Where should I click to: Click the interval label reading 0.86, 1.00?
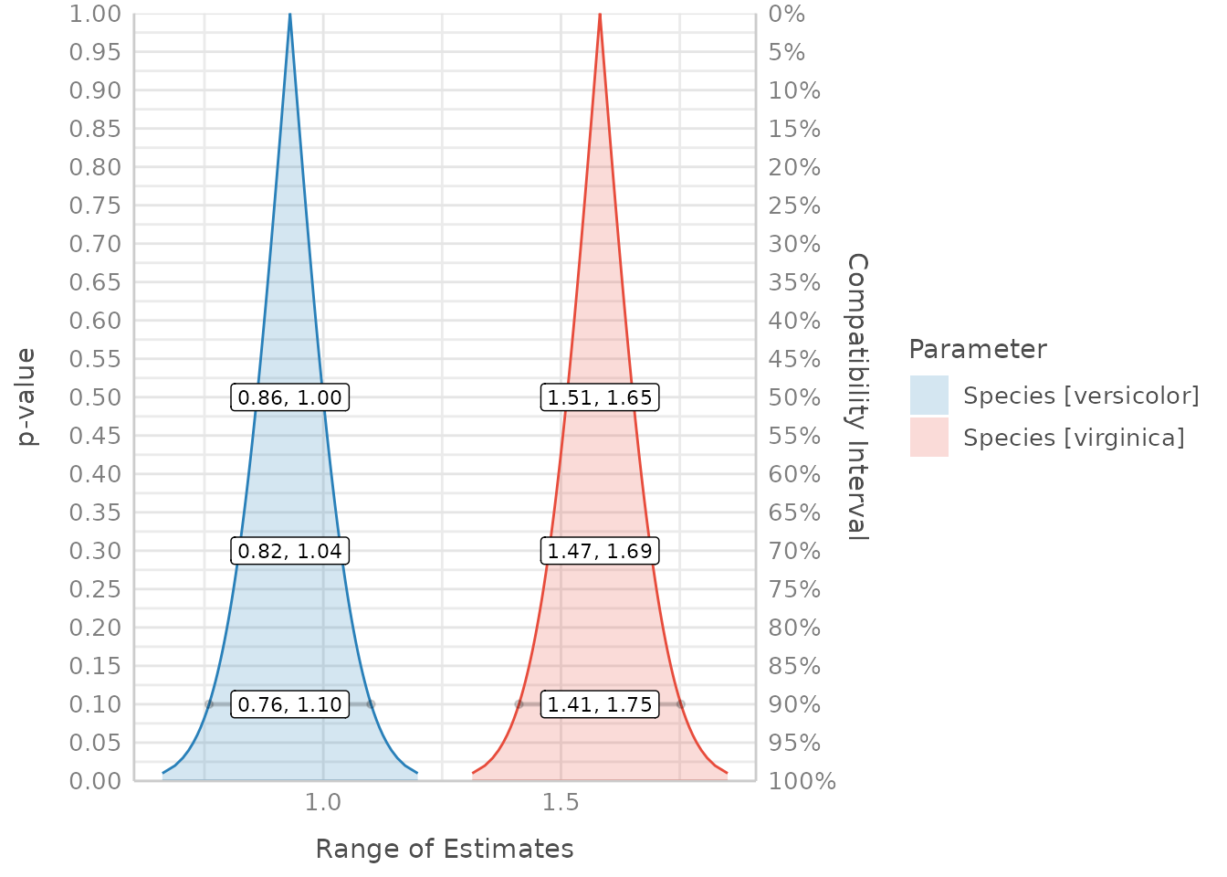click(x=289, y=397)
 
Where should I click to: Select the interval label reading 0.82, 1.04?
click(x=289, y=551)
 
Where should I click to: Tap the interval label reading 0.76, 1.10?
click(x=289, y=704)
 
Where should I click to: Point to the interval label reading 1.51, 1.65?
click(x=600, y=397)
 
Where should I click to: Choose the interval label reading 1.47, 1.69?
click(x=600, y=551)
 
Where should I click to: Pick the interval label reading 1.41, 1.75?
click(x=600, y=704)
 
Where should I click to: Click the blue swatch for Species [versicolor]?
click(x=929, y=396)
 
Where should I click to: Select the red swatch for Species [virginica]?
click(x=929, y=438)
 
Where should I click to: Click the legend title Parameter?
click(x=977, y=349)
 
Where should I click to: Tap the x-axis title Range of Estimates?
click(x=445, y=849)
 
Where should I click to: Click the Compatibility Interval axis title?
click(x=857, y=396)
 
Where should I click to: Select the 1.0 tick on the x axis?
click(x=322, y=802)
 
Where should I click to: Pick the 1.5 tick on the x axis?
click(x=561, y=802)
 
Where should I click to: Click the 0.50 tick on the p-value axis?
click(x=95, y=397)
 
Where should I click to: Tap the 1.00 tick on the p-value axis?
click(x=95, y=14)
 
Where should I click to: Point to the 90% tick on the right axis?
click(x=794, y=704)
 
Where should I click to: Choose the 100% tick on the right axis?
click(x=802, y=781)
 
